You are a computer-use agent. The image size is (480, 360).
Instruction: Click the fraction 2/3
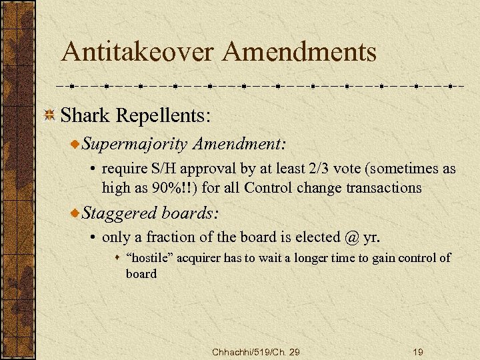(313, 169)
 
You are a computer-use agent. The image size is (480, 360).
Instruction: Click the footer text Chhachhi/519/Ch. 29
(255, 351)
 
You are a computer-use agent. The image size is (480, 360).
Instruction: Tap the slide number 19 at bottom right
(418, 351)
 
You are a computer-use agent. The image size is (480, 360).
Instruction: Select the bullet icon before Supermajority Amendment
(77, 144)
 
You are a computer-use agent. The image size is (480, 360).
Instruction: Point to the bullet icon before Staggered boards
(77, 213)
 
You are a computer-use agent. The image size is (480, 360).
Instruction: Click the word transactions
(383, 187)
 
